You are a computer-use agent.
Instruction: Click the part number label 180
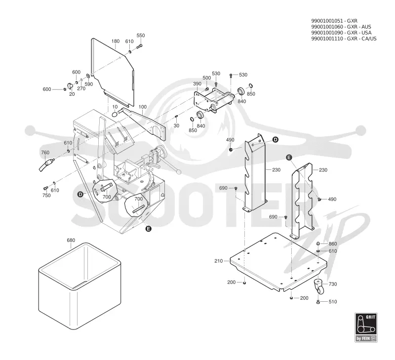pos(116,41)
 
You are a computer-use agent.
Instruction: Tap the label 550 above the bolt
pos(141,36)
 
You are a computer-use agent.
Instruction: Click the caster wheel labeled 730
pos(319,287)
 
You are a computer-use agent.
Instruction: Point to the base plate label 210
pos(219,261)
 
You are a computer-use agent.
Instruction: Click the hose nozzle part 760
pos(46,165)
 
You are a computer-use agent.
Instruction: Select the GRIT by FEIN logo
pos(366,327)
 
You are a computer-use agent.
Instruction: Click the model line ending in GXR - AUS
pos(341,27)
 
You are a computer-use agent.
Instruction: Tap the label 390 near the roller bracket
pos(197,83)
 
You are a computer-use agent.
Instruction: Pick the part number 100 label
pos(143,107)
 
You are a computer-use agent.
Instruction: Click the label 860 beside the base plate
pos(333,243)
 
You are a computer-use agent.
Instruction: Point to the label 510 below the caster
pos(333,302)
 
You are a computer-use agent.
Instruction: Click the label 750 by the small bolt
pos(46,196)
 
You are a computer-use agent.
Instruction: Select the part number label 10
pos(115,107)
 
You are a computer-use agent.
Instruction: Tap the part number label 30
pos(176,125)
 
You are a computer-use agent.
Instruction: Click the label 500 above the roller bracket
pos(206,78)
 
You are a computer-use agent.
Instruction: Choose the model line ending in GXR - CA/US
pos(344,39)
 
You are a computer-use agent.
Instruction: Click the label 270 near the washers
pos(81,88)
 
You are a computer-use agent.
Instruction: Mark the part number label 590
pos(89,84)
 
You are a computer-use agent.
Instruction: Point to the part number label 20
pos(72,94)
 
